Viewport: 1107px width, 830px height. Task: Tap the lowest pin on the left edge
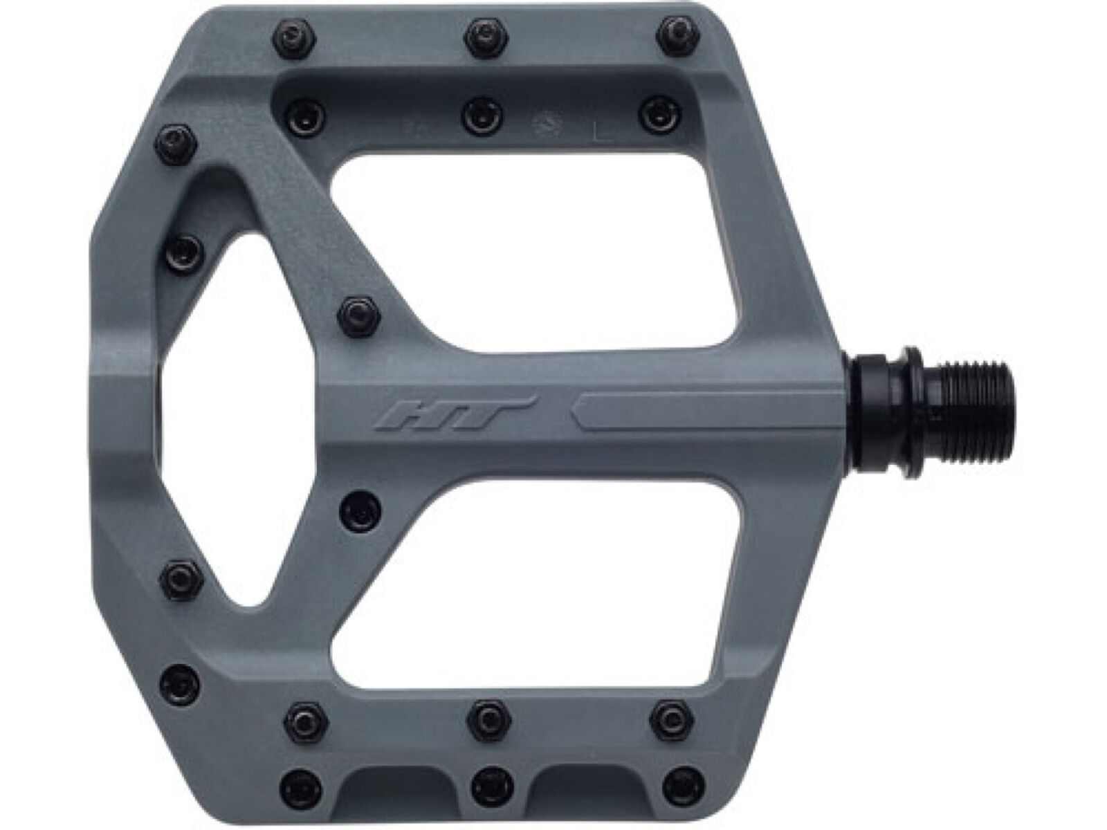point(183,685)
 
